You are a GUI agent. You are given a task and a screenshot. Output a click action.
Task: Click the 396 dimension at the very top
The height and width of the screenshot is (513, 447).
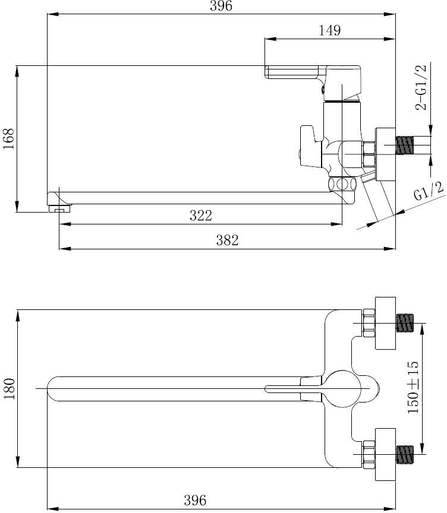[221, 6]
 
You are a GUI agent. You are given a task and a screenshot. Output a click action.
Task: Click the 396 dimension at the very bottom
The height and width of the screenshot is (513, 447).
[195, 501]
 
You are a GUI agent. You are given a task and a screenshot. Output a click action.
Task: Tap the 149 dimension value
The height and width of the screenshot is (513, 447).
[330, 30]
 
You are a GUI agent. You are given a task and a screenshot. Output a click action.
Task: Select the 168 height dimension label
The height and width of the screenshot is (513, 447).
[9, 139]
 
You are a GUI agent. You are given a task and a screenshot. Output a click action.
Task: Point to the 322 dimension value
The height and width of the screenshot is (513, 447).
[201, 216]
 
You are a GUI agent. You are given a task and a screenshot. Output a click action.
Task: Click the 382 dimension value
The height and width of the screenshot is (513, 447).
[227, 240]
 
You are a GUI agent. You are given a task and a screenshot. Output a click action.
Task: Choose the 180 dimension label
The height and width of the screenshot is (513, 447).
[9, 389]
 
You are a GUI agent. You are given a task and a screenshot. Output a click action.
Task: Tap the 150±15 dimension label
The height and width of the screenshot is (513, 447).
[413, 387]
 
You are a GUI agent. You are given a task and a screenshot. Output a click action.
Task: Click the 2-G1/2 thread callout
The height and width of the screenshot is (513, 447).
[421, 87]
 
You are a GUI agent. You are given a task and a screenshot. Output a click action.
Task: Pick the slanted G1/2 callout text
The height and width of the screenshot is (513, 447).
[429, 191]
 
